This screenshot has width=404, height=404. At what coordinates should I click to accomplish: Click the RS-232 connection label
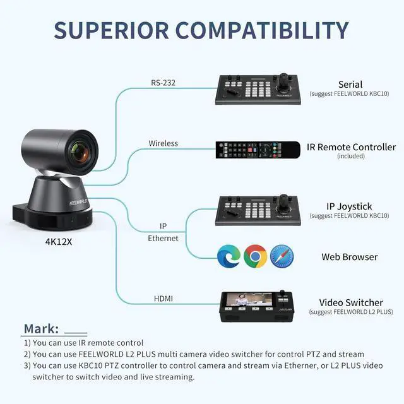click(163, 82)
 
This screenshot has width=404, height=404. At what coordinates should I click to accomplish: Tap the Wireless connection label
click(163, 143)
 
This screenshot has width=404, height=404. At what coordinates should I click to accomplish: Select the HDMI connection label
click(163, 298)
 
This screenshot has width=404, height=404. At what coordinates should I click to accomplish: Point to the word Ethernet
click(163, 239)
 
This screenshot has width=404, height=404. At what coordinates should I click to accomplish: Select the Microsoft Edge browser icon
click(228, 256)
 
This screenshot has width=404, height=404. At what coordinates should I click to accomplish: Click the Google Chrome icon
click(255, 256)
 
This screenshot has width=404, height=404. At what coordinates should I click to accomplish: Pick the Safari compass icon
click(282, 256)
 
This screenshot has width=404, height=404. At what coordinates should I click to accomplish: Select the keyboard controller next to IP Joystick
click(259, 210)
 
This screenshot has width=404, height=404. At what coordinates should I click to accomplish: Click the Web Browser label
click(350, 257)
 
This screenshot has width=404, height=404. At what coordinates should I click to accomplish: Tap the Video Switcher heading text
click(351, 303)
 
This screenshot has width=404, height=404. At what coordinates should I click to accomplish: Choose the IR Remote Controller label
click(351, 147)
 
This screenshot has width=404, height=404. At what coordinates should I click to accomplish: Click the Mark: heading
click(41, 329)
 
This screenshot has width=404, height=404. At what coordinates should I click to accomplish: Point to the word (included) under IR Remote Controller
click(351, 157)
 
